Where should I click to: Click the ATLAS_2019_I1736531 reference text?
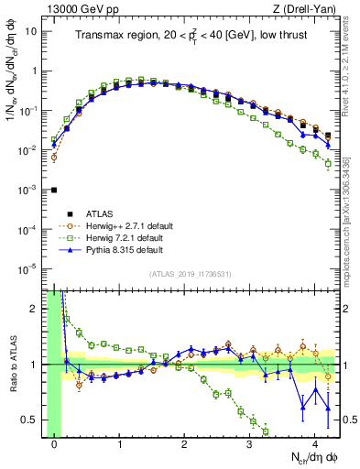(x=191, y=274)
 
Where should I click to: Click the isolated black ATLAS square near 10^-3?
(x=54, y=191)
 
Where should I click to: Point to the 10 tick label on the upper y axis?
(x=33, y=31)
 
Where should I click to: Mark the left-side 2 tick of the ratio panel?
(x=37, y=309)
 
